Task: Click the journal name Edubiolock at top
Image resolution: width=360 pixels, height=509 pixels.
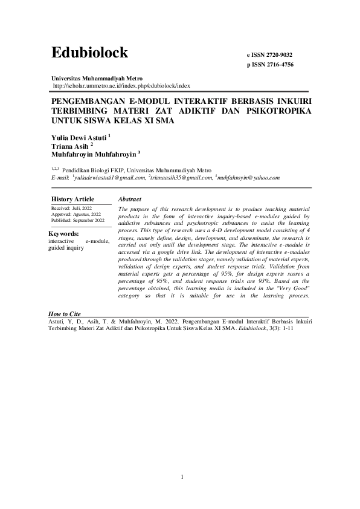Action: (90, 53)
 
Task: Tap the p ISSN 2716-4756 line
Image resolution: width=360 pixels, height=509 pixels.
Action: (271, 64)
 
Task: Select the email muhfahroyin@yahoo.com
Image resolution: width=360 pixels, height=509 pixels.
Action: (249, 178)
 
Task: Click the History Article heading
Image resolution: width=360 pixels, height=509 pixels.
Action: (72, 199)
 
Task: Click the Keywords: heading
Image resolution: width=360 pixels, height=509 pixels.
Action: (64, 233)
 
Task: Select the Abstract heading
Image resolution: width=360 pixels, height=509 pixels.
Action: (130, 199)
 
